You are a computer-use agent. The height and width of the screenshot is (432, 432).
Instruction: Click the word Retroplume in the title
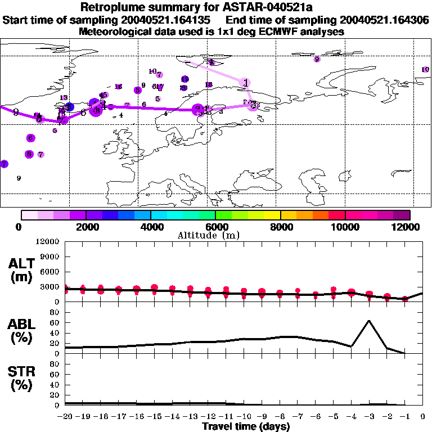pyautogui.click(x=110, y=7)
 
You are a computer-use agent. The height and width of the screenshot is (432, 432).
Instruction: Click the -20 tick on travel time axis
pyautogui.click(x=65, y=417)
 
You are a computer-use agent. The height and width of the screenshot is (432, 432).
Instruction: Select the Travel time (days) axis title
pyautogui.click(x=246, y=427)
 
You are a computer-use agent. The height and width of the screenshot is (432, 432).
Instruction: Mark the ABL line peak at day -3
pyautogui.click(x=369, y=321)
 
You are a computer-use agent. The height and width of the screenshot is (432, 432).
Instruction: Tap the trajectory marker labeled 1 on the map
pyautogui.click(x=245, y=83)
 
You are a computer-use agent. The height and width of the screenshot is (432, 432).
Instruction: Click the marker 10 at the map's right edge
pyautogui.click(x=425, y=69)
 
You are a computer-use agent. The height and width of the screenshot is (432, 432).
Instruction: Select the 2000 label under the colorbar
pyautogui.click(x=85, y=227)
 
